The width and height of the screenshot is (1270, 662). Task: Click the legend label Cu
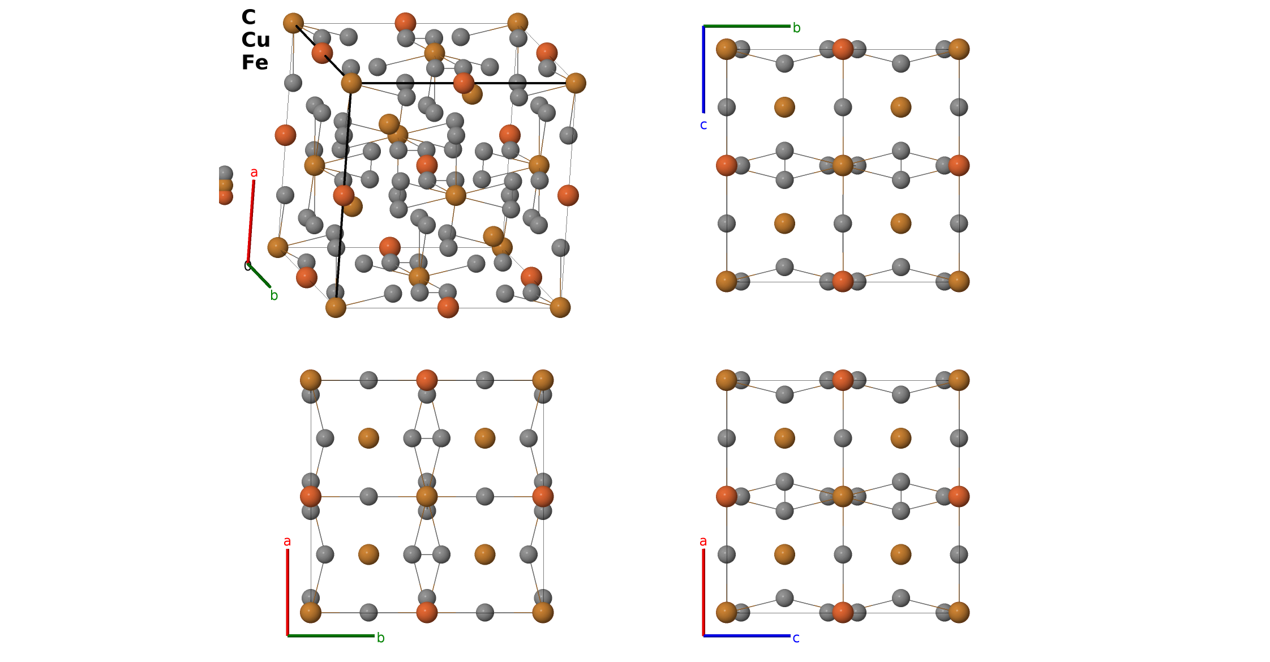pos(255,40)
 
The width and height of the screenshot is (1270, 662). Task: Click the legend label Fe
pos(255,63)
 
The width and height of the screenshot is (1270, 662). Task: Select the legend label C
pos(248,18)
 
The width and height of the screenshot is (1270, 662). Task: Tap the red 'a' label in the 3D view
pos(254,173)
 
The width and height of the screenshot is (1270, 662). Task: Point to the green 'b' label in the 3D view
pos(274,295)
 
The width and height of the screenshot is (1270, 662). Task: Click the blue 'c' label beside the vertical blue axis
pos(703,125)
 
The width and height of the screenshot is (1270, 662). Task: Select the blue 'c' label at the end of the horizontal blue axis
pos(796,638)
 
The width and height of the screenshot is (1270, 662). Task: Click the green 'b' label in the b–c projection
pos(796,28)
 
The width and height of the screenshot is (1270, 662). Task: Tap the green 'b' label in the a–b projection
pos(381,638)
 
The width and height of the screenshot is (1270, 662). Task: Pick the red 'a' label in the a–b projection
pos(288,541)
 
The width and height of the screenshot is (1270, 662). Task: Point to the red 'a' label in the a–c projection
pos(703,541)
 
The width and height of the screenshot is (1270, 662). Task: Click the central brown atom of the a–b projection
pos(427,497)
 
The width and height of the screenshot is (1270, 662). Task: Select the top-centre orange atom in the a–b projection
pos(427,380)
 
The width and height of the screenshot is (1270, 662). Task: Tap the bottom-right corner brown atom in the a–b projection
pos(543,612)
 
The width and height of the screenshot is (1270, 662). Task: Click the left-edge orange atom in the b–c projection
pos(727,166)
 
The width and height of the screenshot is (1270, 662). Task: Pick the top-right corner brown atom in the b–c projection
pos(959,49)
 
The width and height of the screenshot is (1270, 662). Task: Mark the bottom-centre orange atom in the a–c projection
pos(843,612)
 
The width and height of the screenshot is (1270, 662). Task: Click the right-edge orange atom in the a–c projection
pos(959,497)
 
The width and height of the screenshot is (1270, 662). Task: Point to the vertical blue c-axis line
pos(703,69)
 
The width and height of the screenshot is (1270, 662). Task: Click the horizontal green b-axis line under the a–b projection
pos(331,636)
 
